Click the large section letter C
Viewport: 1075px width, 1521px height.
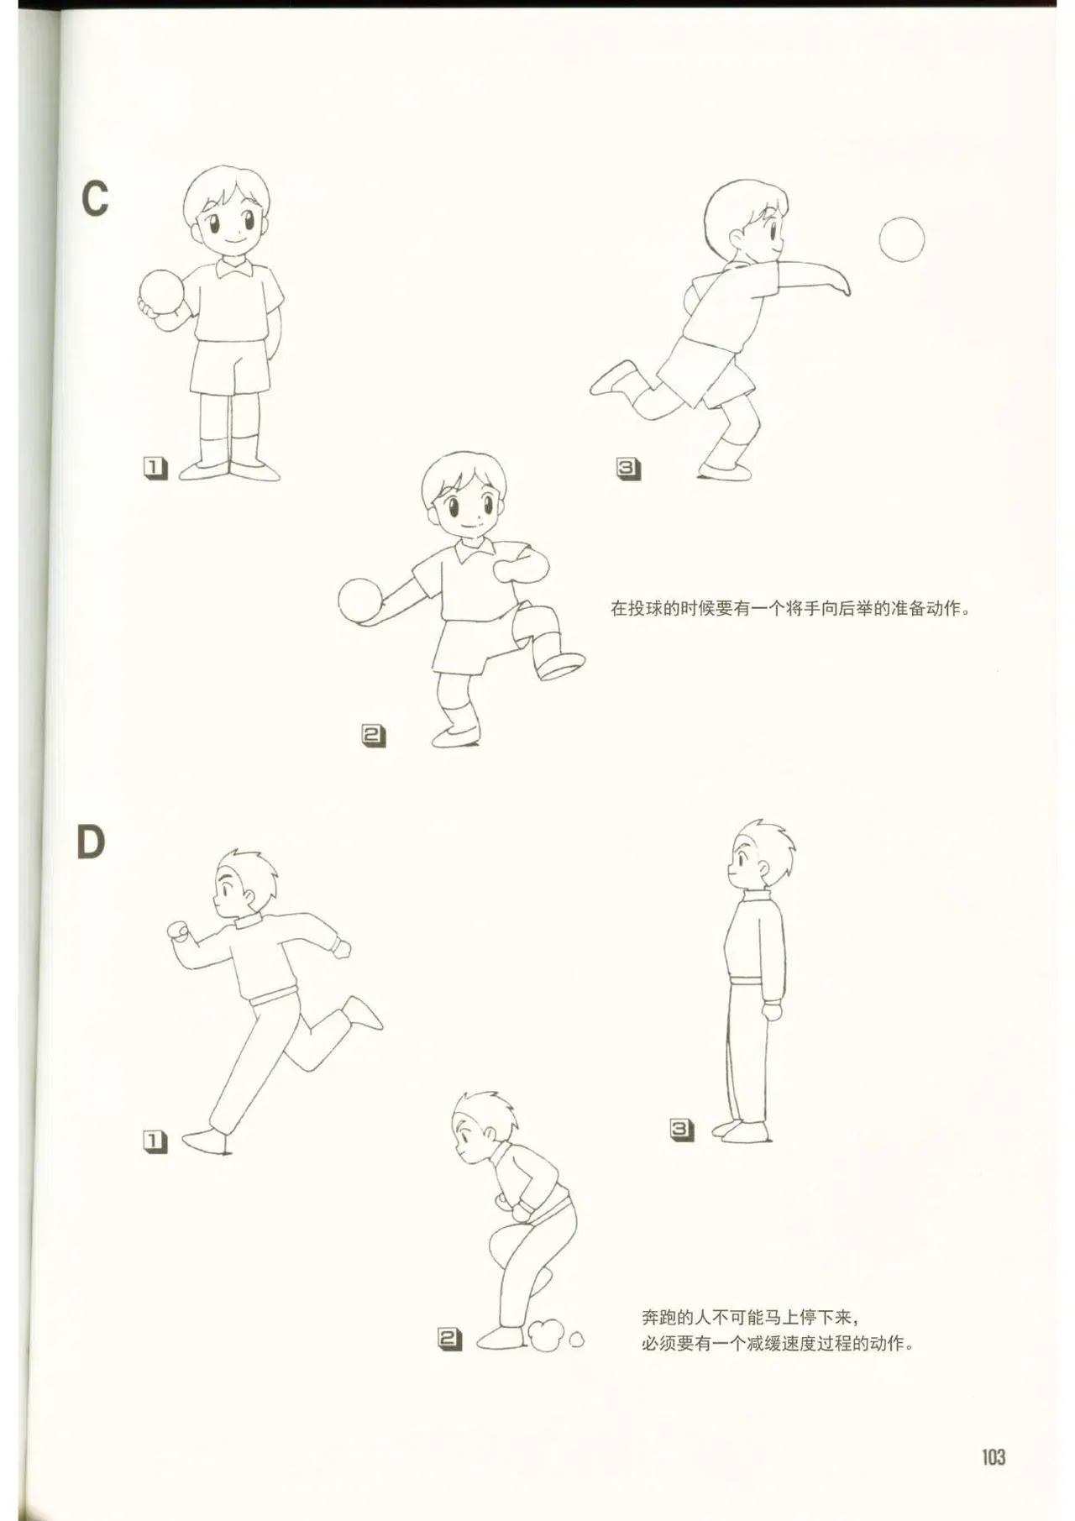click(x=95, y=199)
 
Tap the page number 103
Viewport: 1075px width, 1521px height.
click(x=994, y=1456)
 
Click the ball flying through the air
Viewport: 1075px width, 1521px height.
click(x=901, y=239)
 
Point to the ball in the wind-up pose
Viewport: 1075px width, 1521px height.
click(x=360, y=600)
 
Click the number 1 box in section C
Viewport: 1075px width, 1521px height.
click(x=155, y=468)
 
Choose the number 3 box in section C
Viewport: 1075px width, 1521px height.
click(x=628, y=469)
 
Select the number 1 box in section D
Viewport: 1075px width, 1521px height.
click(x=155, y=1141)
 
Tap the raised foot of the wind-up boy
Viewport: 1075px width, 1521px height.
click(x=561, y=665)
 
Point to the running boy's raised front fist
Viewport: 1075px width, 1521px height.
click(x=178, y=931)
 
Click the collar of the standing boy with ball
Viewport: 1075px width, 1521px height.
click(x=235, y=267)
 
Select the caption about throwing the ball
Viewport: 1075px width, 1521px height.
click(x=791, y=607)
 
